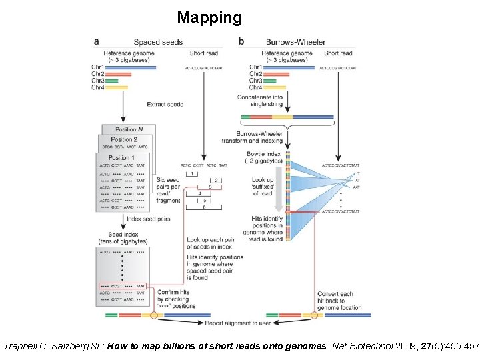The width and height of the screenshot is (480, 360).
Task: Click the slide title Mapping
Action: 209,17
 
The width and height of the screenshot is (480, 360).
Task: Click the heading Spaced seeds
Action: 158,42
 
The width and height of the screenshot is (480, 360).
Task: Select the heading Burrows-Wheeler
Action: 295,42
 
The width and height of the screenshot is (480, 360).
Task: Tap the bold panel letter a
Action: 97,41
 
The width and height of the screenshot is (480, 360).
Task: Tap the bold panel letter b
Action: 241,41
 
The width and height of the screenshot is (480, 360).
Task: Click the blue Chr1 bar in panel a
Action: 130,67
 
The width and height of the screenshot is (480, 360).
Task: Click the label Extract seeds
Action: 165,104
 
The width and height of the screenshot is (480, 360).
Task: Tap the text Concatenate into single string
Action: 260,101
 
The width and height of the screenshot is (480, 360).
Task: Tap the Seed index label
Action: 123,237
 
